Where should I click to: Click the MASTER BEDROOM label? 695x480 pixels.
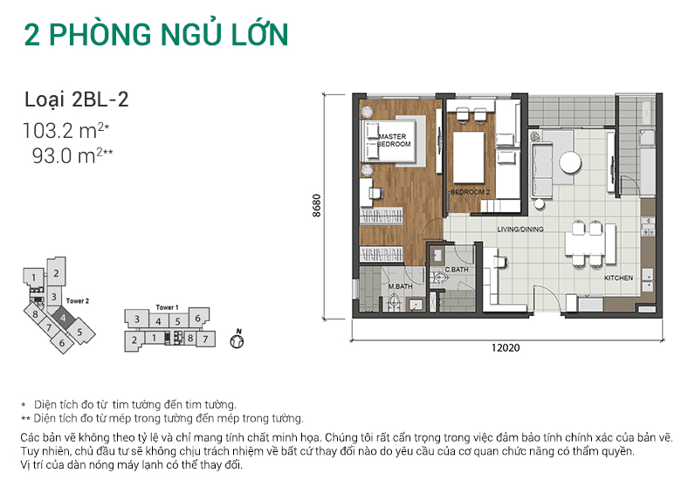pyautogui.click(x=394, y=141)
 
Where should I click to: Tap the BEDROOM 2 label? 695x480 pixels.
pyautogui.click(x=470, y=191)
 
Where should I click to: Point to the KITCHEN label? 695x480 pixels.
pyautogui.click(x=618, y=278)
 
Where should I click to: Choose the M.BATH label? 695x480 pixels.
pyautogui.click(x=400, y=287)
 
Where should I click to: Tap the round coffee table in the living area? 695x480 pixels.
pyautogui.click(x=569, y=163)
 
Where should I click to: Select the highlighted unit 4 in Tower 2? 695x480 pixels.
pyautogui.click(x=64, y=318)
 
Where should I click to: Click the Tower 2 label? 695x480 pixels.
pyautogui.click(x=79, y=300)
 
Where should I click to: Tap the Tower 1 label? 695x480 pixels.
pyautogui.click(x=167, y=307)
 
